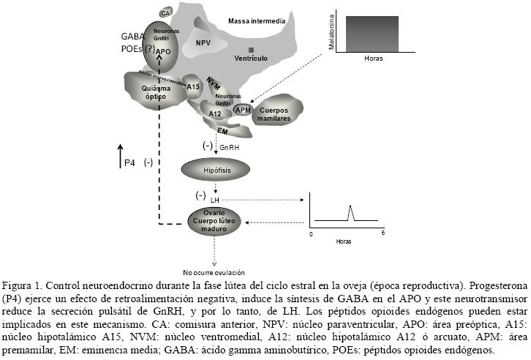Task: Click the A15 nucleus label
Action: click(x=193, y=87)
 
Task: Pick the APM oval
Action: click(x=243, y=109)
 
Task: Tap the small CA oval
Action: click(x=166, y=12)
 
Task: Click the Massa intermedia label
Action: click(x=256, y=21)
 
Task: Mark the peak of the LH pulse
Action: click(x=350, y=207)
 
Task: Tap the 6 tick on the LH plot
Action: click(x=382, y=233)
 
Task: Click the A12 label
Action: click(x=214, y=113)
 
